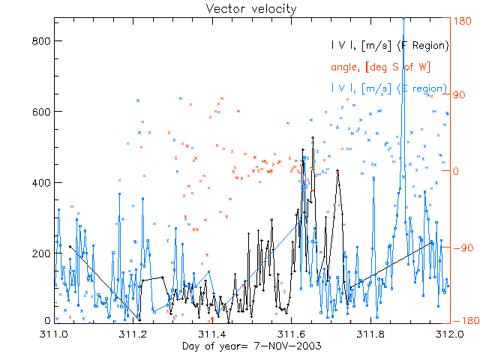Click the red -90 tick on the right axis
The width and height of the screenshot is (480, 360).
463,247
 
